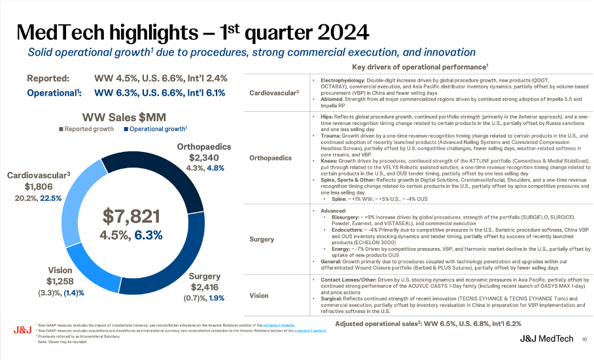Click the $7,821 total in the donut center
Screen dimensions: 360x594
[x=131, y=215]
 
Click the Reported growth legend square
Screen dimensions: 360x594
[x=63, y=129]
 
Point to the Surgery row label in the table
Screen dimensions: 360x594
[x=262, y=240]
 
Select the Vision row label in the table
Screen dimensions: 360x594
[x=259, y=295]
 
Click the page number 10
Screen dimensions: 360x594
[x=584, y=338]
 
